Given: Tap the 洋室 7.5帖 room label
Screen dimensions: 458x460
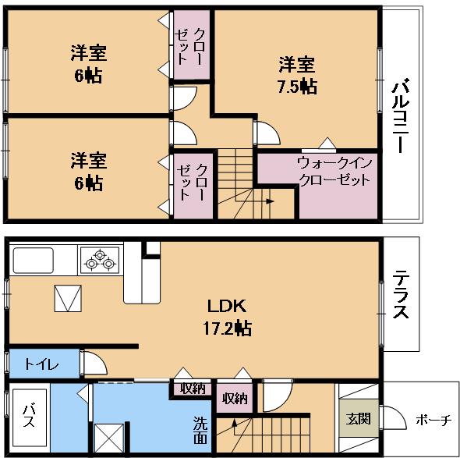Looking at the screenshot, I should tap(297, 76).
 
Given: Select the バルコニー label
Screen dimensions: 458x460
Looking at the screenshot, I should tap(402, 117).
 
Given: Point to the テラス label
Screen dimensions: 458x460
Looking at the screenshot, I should tap(401, 294).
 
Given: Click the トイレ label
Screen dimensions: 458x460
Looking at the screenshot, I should tap(38, 364).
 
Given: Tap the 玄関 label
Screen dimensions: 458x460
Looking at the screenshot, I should tap(359, 418).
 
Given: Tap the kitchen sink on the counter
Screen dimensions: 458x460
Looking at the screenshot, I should tap(31, 259).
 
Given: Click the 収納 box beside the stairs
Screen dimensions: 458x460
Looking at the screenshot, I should tap(235, 398).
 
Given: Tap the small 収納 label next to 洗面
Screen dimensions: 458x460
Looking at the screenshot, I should tap(193, 388).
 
